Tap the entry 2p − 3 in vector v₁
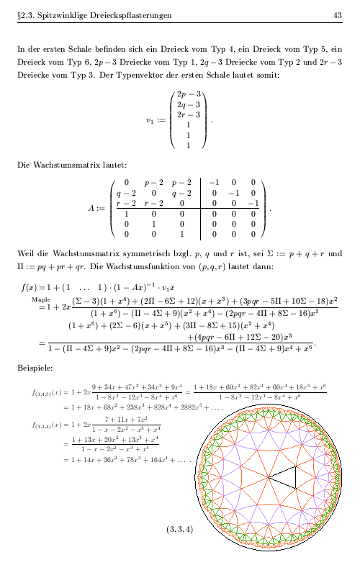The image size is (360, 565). point(190,94)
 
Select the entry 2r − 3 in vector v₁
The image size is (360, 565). point(190,114)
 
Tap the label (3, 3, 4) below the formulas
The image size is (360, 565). point(179,529)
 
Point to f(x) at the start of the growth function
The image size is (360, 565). point(30,286)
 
